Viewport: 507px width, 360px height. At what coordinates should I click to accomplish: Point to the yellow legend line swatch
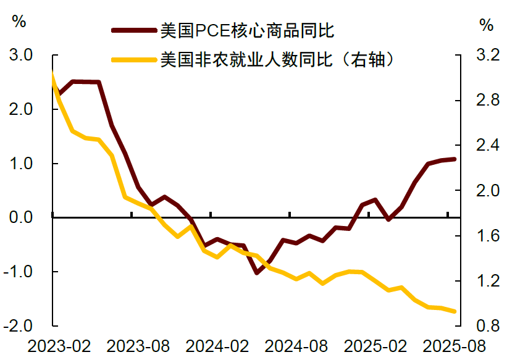(132, 60)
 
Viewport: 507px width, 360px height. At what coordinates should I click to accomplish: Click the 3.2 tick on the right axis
(487, 56)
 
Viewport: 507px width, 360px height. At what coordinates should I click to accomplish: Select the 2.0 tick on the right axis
(487, 191)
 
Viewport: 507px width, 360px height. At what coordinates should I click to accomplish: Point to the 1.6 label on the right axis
(487, 236)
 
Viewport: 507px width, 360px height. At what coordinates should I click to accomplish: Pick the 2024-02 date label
(210, 346)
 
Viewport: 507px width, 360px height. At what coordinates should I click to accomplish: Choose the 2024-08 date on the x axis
(290, 346)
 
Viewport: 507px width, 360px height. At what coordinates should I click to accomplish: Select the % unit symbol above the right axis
(487, 25)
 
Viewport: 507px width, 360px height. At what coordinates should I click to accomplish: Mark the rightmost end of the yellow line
(455, 311)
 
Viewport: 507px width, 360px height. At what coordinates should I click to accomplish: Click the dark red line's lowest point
(256, 272)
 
